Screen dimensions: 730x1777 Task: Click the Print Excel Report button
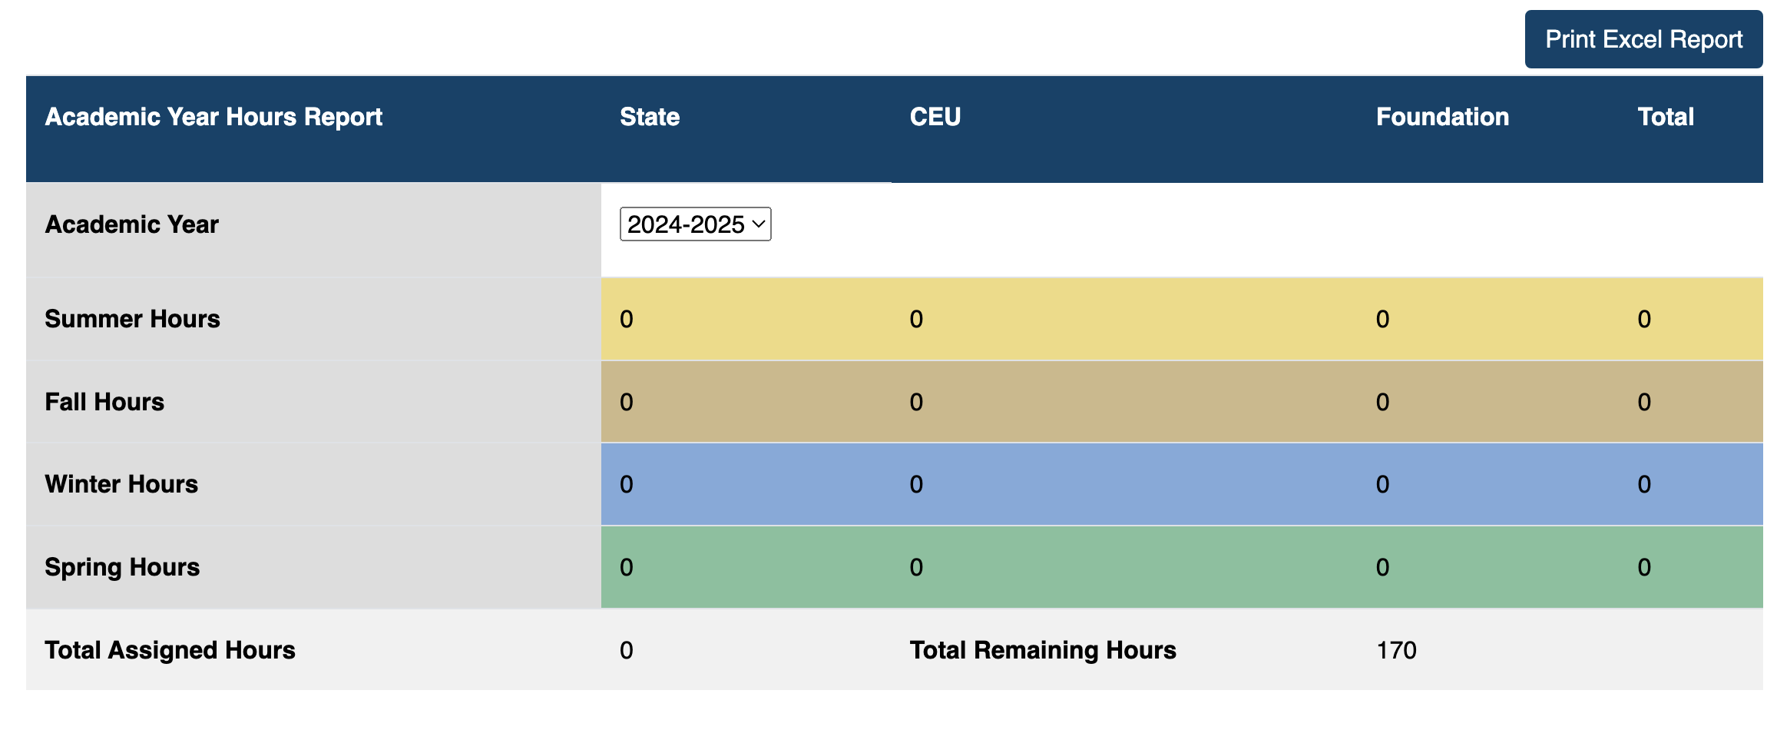1643,39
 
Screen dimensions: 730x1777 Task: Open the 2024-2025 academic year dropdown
695,224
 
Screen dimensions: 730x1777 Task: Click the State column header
650,117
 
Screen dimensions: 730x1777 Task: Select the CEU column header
935,117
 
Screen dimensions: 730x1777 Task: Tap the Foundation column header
1441,117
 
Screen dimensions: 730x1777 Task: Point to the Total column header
1665,117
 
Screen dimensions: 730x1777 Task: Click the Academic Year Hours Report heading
213,117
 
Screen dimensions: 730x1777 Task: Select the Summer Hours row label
132,319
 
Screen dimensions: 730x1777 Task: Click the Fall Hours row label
104,402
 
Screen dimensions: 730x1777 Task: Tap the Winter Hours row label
121,484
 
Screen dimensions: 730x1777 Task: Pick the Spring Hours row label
122,567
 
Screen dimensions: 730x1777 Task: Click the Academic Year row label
131,224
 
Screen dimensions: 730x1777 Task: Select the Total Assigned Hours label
170,650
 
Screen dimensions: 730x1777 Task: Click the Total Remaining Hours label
1042,650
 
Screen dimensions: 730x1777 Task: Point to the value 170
1396,650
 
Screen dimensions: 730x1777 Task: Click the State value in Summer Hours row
627,319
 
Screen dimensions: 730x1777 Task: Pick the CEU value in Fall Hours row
916,402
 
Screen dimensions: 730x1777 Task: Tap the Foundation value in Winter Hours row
1382,484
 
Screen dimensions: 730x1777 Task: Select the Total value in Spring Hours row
1643,567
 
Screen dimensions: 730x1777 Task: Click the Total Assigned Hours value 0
627,650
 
